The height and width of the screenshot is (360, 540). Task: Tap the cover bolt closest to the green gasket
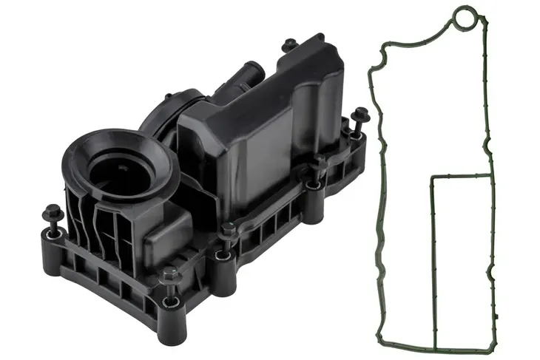pos(360,118)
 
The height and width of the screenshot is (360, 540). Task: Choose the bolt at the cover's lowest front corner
pos(169,279)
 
